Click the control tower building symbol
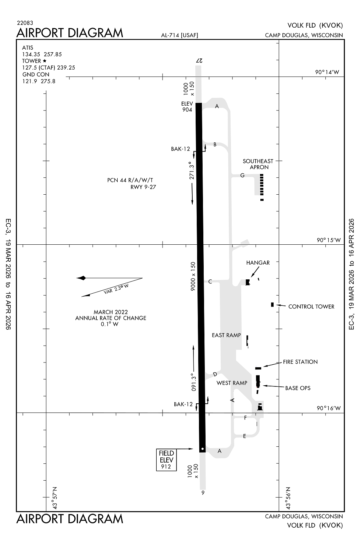[x=272, y=304]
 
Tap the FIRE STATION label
[x=300, y=362]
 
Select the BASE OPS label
[x=297, y=388]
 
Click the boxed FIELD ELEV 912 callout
[x=166, y=460]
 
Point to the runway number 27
[x=199, y=60]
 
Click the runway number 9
[x=203, y=493]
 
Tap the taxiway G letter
[x=242, y=175]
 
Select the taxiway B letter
[x=215, y=145]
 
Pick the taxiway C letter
[x=210, y=282]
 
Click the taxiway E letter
[x=245, y=436]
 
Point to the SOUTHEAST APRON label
[x=258, y=164]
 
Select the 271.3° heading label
[x=191, y=171]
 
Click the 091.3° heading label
[x=193, y=382]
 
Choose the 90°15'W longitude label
[x=329, y=240]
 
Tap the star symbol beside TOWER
[x=45, y=61]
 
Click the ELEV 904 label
[x=187, y=107]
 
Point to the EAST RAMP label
[x=226, y=335]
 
